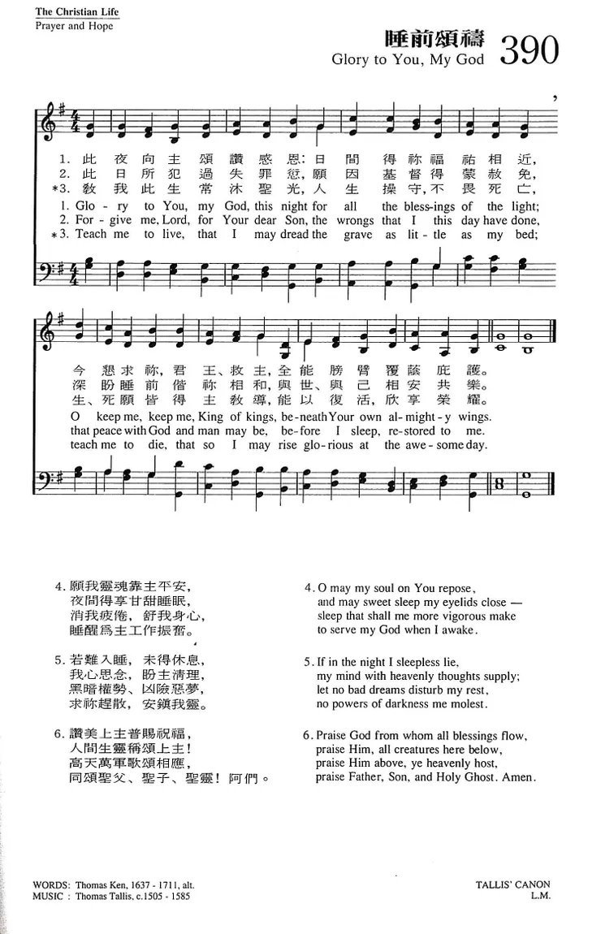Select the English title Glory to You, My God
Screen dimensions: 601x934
[408, 60]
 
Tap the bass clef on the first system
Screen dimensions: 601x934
[47, 266]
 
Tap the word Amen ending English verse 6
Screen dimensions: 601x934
[519, 777]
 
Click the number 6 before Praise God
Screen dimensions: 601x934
[308, 736]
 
